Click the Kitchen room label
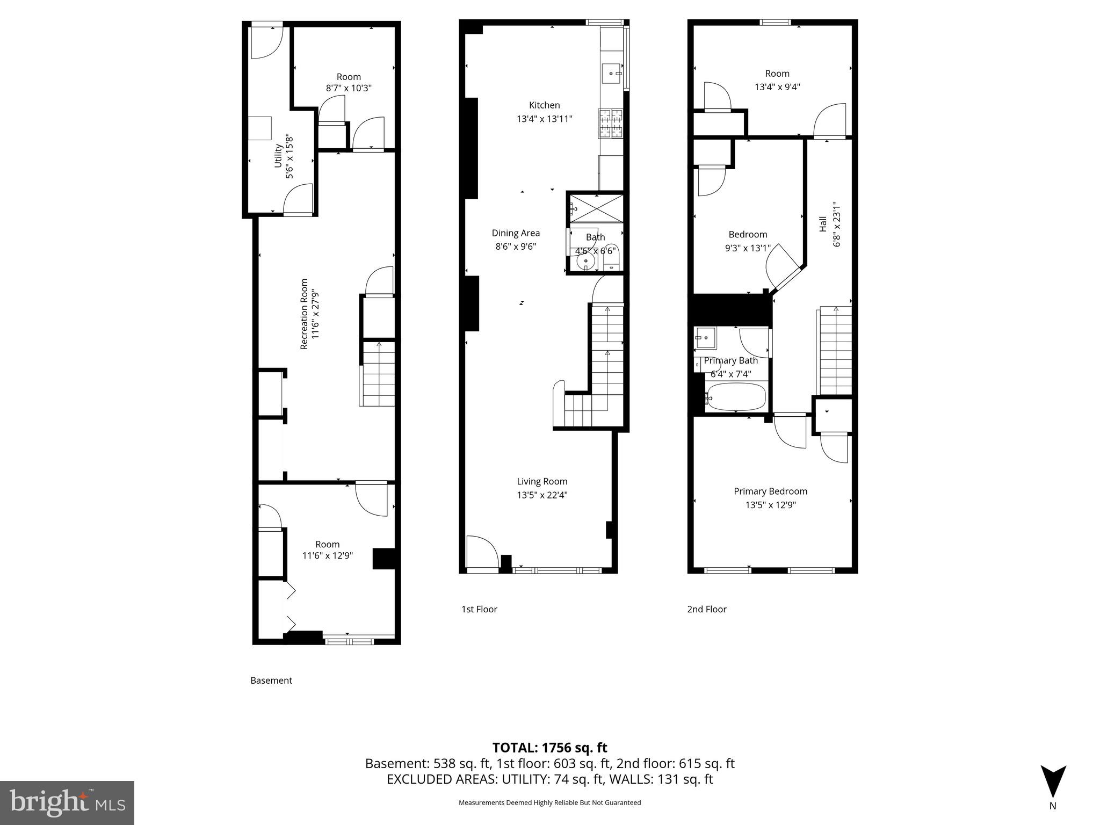(544, 105)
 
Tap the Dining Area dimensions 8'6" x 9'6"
(516, 247)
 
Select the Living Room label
(542, 481)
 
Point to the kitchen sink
(612, 73)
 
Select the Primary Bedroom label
(770, 491)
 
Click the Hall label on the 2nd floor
(823, 224)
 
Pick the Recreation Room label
(305, 314)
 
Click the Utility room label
(278, 156)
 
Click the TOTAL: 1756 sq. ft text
(549, 748)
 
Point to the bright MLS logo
(67, 802)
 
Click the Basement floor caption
(271, 681)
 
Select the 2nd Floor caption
(706, 609)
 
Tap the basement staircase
(378, 374)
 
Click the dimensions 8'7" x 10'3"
(349, 88)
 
